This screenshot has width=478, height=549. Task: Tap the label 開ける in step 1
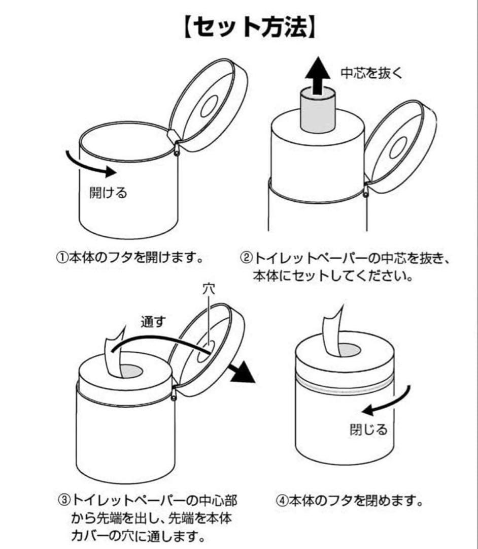[108, 192]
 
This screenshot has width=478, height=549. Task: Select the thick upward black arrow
[318, 76]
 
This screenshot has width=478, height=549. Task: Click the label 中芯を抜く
[371, 73]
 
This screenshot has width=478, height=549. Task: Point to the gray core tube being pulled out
[318, 111]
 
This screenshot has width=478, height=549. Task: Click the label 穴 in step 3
[209, 289]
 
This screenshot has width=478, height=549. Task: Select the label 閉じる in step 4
[369, 429]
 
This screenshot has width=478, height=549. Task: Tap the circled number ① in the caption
[61, 258]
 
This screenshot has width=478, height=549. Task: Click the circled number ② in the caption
[246, 259]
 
